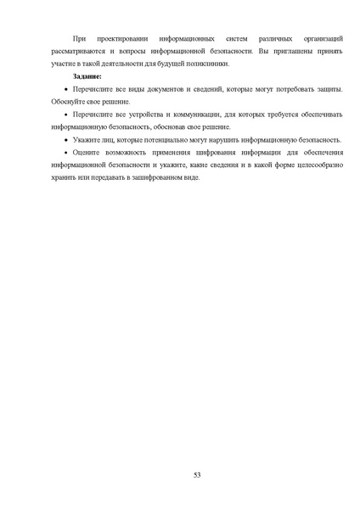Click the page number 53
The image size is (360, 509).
click(196, 474)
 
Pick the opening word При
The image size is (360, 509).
click(80, 40)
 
